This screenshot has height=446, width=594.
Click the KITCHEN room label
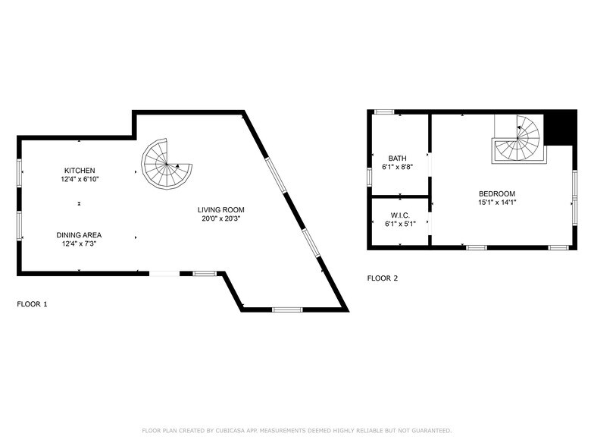pos(80,170)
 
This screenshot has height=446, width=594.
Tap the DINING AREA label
pos(79,234)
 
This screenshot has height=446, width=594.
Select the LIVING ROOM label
pos(221,209)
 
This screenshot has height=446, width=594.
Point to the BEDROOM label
pos(497,193)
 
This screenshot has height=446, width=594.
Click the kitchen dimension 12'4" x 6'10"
pos(80,180)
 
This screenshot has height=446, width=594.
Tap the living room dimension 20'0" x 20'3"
pos(221,218)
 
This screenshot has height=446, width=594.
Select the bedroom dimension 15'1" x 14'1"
pos(497,202)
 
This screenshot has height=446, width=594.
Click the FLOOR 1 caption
pos(32,304)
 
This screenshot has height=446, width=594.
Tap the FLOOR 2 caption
pos(383,278)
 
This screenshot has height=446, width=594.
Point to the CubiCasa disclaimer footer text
pos(296,429)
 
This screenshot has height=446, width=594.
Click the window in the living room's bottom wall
pos(287,309)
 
